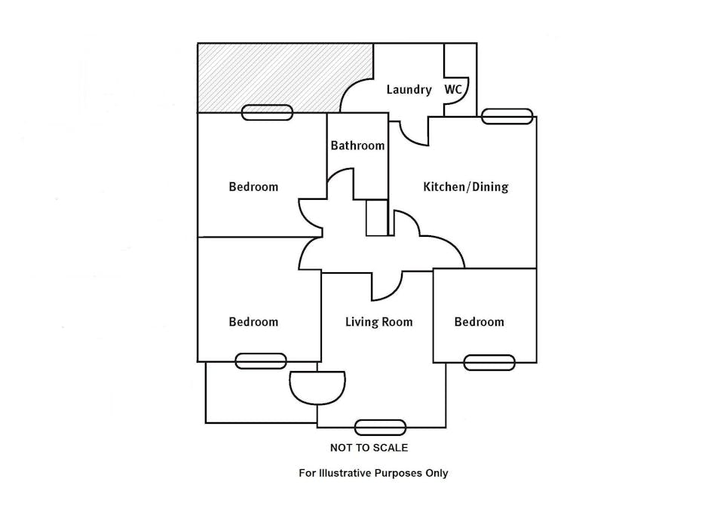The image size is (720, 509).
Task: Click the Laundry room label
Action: pos(409,90)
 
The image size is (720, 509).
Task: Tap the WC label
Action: pos(453,90)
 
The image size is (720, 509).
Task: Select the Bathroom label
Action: pos(357,146)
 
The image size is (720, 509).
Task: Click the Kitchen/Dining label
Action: pos(465,187)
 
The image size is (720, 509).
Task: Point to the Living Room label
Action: pos(378,322)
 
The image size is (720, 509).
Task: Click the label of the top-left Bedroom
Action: pos(253,187)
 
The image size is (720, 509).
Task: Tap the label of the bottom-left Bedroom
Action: pos(253,322)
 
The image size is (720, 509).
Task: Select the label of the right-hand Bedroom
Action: pos(479,322)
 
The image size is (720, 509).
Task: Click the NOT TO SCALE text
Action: pos(369,448)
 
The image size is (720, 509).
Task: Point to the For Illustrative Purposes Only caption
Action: pos(373,474)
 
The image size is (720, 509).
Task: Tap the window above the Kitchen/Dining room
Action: pos(507,116)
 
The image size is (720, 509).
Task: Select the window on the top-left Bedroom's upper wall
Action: pos(267,113)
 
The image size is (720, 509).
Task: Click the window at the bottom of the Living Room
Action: pos(380,428)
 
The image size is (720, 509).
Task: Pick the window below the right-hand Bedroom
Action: pos(489,363)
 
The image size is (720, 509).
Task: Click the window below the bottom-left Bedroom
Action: pos(261,361)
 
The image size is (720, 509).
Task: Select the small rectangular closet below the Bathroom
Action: pos(376,218)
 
